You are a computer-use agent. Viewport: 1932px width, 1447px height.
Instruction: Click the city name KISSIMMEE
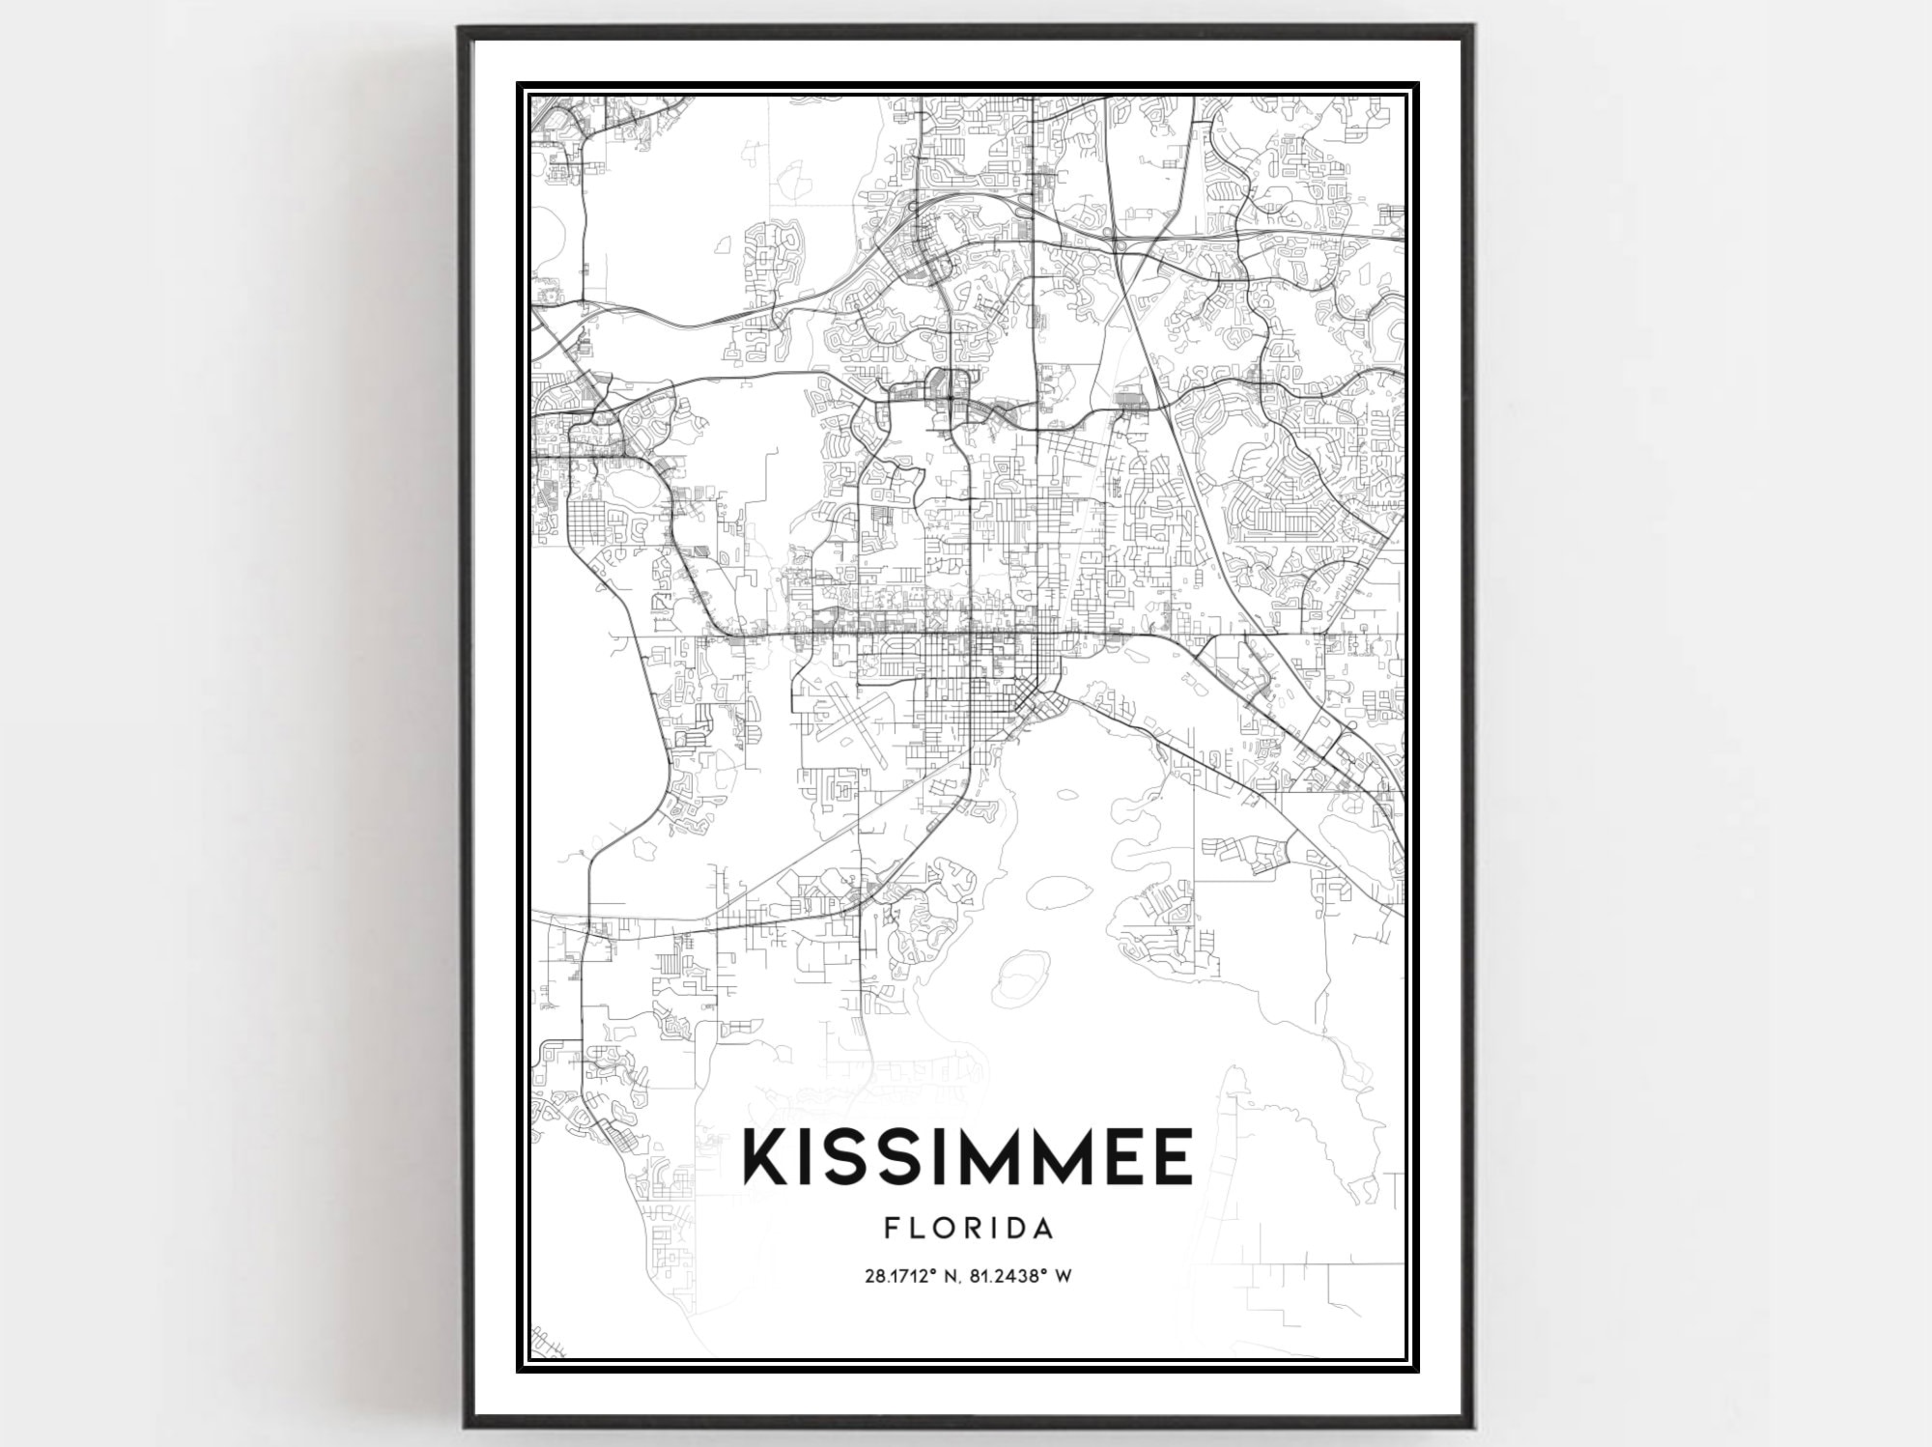click(967, 1158)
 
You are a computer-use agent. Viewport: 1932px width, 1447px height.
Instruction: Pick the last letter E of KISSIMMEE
click(1174, 1158)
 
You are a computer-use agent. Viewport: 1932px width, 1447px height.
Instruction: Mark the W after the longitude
click(1064, 1276)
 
